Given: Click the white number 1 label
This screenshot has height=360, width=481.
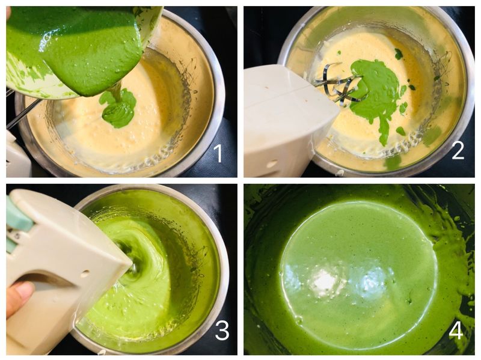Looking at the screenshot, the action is [x=218, y=153].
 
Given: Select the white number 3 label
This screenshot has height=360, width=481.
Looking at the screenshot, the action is [x=222, y=331].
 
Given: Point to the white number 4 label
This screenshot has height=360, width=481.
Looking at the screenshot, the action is [x=456, y=331].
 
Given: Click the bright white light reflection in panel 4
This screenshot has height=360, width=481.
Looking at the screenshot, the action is [x=323, y=279].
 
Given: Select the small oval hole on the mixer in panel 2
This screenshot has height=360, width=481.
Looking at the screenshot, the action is [x=271, y=163].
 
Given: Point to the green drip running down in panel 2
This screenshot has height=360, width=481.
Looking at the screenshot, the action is [x=383, y=132].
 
